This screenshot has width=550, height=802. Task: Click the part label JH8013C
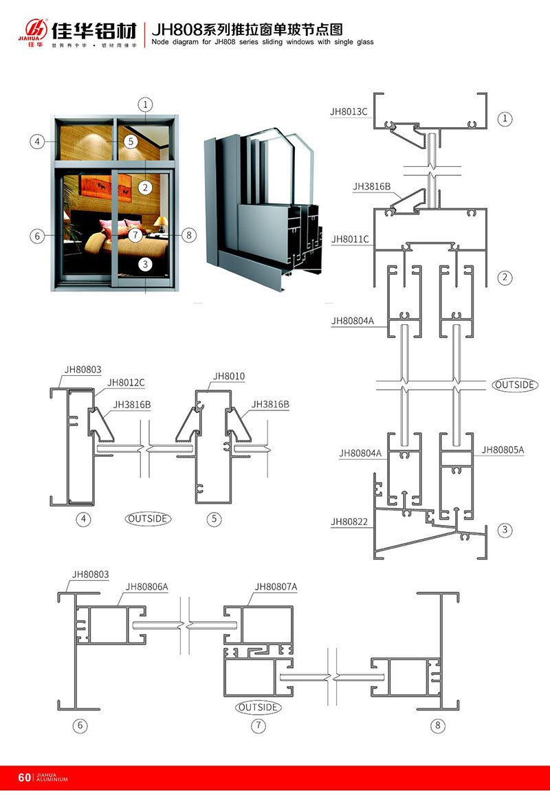coord(349,110)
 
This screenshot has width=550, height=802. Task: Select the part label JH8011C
coord(350,239)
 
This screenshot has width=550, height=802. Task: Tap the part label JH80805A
coord(503,450)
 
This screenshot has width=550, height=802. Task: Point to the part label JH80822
coord(349,522)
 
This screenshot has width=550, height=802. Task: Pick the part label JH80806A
coord(146,587)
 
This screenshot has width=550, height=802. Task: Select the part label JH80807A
coord(276,586)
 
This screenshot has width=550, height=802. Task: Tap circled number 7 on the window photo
coord(135,235)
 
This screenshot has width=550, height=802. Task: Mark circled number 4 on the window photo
coord(37,142)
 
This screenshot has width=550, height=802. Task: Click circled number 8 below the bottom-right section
coord(437,724)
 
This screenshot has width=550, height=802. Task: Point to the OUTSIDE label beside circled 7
coord(258,707)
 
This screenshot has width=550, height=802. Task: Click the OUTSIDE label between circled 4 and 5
coord(148,519)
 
